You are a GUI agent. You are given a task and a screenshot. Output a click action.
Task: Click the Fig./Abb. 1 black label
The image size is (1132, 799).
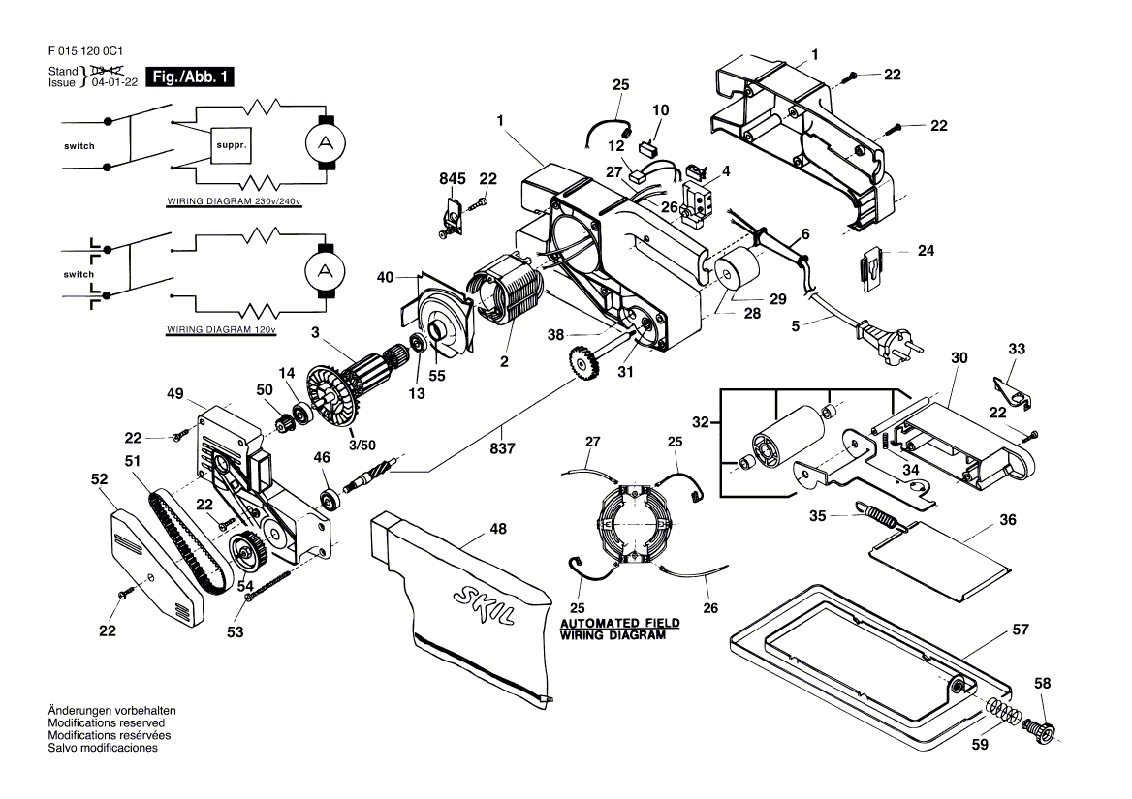[x=190, y=77]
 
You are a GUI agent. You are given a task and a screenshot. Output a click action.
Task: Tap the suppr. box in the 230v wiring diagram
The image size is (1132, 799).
[x=231, y=145]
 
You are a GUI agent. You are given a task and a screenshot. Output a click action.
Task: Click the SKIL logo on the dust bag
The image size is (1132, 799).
[x=485, y=605]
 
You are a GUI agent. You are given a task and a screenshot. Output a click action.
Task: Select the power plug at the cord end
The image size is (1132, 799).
[x=890, y=337]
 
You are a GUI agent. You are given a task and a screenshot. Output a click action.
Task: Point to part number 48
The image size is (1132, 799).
[x=498, y=529]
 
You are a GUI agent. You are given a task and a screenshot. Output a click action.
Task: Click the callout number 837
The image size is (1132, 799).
[x=502, y=448]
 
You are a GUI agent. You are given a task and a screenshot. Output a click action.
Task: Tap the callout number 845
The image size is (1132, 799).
[x=453, y=179]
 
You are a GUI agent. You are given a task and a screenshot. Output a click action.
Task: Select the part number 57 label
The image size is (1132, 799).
[x=1021, y=630]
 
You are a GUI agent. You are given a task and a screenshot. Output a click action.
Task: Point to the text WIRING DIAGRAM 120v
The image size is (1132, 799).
[x=221, y=329]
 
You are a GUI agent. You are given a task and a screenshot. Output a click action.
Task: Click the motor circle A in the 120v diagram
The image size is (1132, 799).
[x=325, y=272]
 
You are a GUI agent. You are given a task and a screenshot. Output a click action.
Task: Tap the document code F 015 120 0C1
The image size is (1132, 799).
[x=85, y=51]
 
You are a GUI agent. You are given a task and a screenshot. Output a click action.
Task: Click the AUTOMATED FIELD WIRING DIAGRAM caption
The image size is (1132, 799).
[x=619, y=629]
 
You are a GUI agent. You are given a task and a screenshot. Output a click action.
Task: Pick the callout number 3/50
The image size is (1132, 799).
[x=362, y=445]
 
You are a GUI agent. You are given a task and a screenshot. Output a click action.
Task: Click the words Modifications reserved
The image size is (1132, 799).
[x=107, y=722]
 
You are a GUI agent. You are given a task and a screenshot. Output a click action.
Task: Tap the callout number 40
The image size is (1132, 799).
[x=386, y=278]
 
